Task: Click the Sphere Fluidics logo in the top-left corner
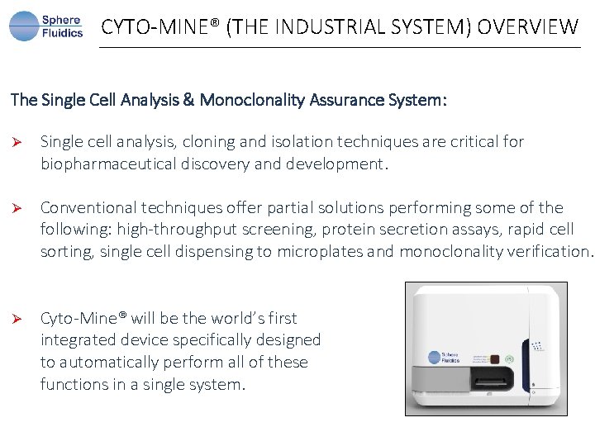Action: (x=46, y=26)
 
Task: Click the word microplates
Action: (x=321, y=252)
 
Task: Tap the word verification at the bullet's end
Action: (x=550, y=252)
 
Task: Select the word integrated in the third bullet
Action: (x=78, y=340)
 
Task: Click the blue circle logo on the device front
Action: (x=435, y=358)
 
